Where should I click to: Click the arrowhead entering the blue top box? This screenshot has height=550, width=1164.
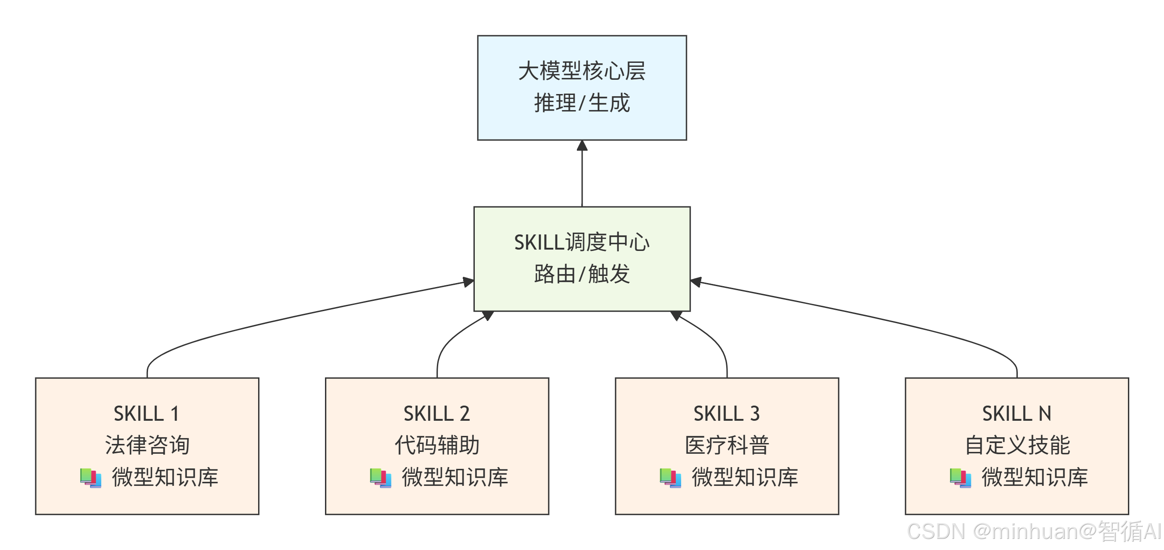(582, 145)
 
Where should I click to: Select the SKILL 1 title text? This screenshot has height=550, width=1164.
(146, 414)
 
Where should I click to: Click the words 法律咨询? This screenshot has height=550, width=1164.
(147, 445)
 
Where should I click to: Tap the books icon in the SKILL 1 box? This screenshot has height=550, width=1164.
(91, 478)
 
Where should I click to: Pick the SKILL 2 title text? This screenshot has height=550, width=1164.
(436, 414)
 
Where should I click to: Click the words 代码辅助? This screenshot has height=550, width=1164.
(437, 445)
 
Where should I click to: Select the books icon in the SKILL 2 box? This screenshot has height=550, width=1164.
(380, 478)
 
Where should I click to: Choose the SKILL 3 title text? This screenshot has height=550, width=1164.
(727, 414)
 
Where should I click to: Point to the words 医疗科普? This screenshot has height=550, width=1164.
(727, 445)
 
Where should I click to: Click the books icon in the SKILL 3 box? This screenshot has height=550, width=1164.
(670, 478)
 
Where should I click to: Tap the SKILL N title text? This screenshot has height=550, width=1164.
(1017, 414)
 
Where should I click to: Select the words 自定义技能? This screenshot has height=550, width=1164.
(1017, 445)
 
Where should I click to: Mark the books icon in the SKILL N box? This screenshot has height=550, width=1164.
(960, 478)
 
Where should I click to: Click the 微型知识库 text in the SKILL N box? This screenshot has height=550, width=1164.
(1034, 477)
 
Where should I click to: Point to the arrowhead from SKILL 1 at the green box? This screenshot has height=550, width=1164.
(469, 282)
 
